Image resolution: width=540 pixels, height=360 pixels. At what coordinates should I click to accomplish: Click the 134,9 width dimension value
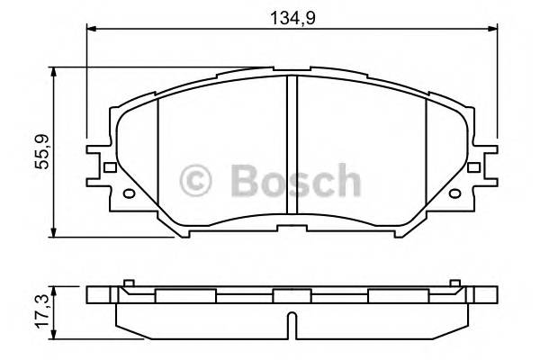[292, 14]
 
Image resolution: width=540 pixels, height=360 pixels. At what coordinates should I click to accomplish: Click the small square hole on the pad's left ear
[110, 167]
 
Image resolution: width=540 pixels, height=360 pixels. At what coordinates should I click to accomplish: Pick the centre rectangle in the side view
[292, 296]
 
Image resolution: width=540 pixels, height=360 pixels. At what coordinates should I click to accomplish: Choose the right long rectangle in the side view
[397, 296]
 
